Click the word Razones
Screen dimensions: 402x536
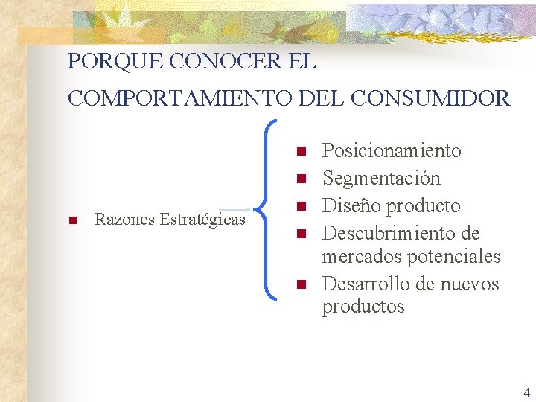(x=125, y=220)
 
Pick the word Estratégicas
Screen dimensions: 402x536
(x=202, y=220)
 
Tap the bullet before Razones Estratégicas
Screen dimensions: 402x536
(x=72, y=220)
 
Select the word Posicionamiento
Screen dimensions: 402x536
(x=392, y=151)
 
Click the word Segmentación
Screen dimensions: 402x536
(x=381, y=179)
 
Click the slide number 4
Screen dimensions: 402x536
(x=526, y=392)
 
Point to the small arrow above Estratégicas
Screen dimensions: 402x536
(x=236, y=210)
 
